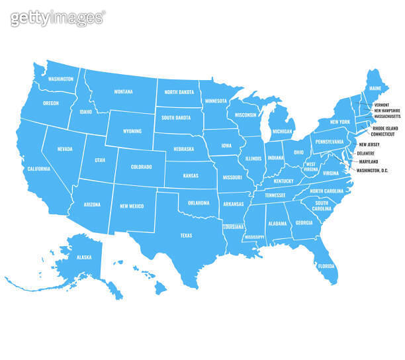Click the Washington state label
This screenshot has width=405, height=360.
[x=61, y=79]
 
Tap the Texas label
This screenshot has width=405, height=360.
[x=186, y=236]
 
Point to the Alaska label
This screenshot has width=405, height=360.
[x=83, y=256]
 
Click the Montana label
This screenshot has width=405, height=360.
[x=123, y=92]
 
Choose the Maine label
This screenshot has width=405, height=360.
[x=375, y=88]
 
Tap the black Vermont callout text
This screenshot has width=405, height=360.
[x=382, y=105]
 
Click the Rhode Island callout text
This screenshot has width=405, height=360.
[x=385, y=128]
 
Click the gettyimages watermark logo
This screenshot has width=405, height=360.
[x=58, y=18]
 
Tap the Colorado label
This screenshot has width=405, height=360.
[x=141, y=167]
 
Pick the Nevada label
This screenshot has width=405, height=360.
[x=65, y=149]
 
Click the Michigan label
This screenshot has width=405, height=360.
[x=282, y=132]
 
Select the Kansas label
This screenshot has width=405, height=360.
[x=191, y=175]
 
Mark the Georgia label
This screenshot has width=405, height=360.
[x=304, y=223]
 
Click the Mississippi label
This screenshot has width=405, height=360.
[x=254, y=236]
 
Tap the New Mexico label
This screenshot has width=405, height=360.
[x=132, y=206]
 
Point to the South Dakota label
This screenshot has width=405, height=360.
[x=175, y=118]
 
